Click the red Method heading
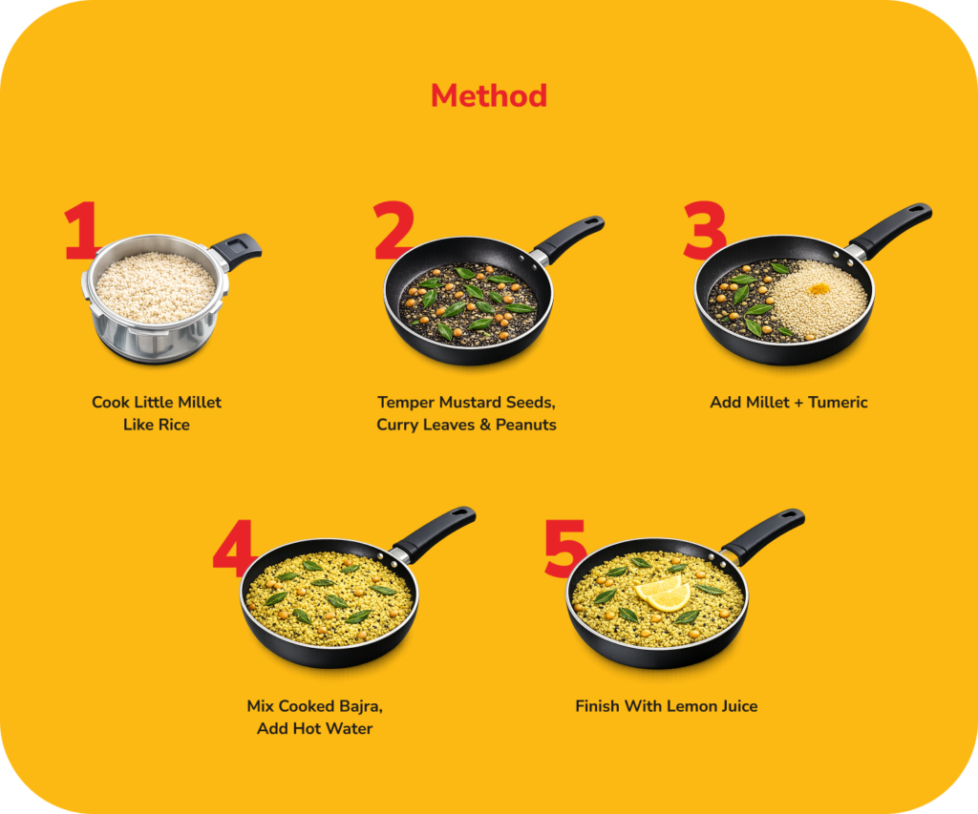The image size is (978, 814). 489,96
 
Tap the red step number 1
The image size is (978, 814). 80,230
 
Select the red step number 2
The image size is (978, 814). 393,230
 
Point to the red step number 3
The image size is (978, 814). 705,230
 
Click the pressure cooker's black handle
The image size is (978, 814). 237,250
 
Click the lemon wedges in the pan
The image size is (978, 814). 663,593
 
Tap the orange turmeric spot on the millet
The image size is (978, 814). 819,288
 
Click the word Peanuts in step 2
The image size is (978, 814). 526,425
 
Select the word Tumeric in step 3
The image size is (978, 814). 838,403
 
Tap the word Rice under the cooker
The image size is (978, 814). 175,425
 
